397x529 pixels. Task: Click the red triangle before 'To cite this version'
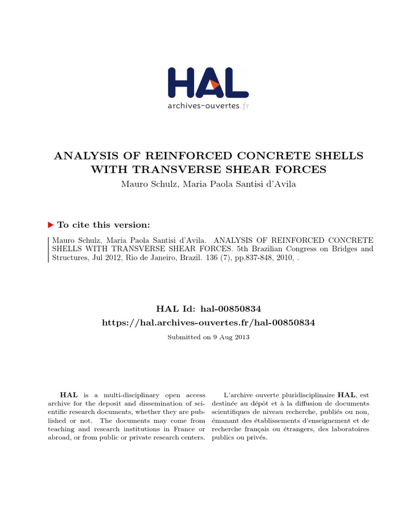[x=51, y=225]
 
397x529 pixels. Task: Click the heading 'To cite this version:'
[x=104, y=225]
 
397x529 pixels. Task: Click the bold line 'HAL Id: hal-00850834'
[x=209, y=308]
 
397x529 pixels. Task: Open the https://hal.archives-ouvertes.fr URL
[x=209, y=322]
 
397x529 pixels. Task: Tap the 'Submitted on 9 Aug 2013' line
[x=209, y=337]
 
